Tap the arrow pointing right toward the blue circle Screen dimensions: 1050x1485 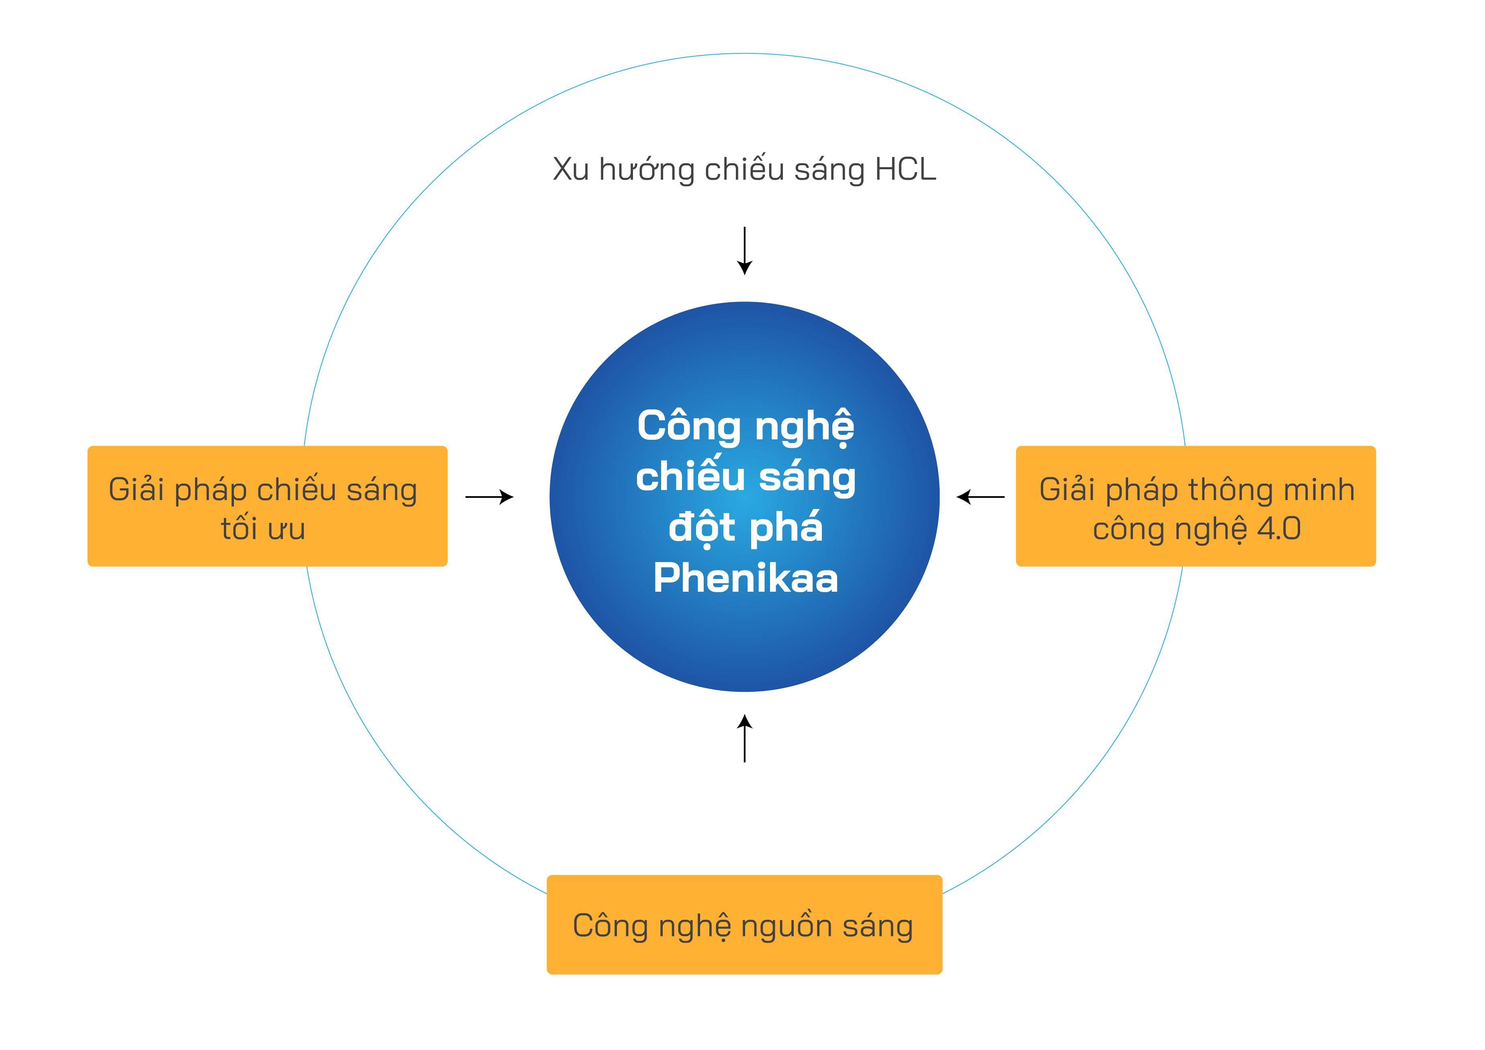point(489,497)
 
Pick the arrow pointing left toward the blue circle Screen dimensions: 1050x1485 point(981,497)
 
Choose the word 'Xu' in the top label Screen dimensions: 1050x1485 point(570,170)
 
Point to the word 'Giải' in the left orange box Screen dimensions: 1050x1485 point(137,489)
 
